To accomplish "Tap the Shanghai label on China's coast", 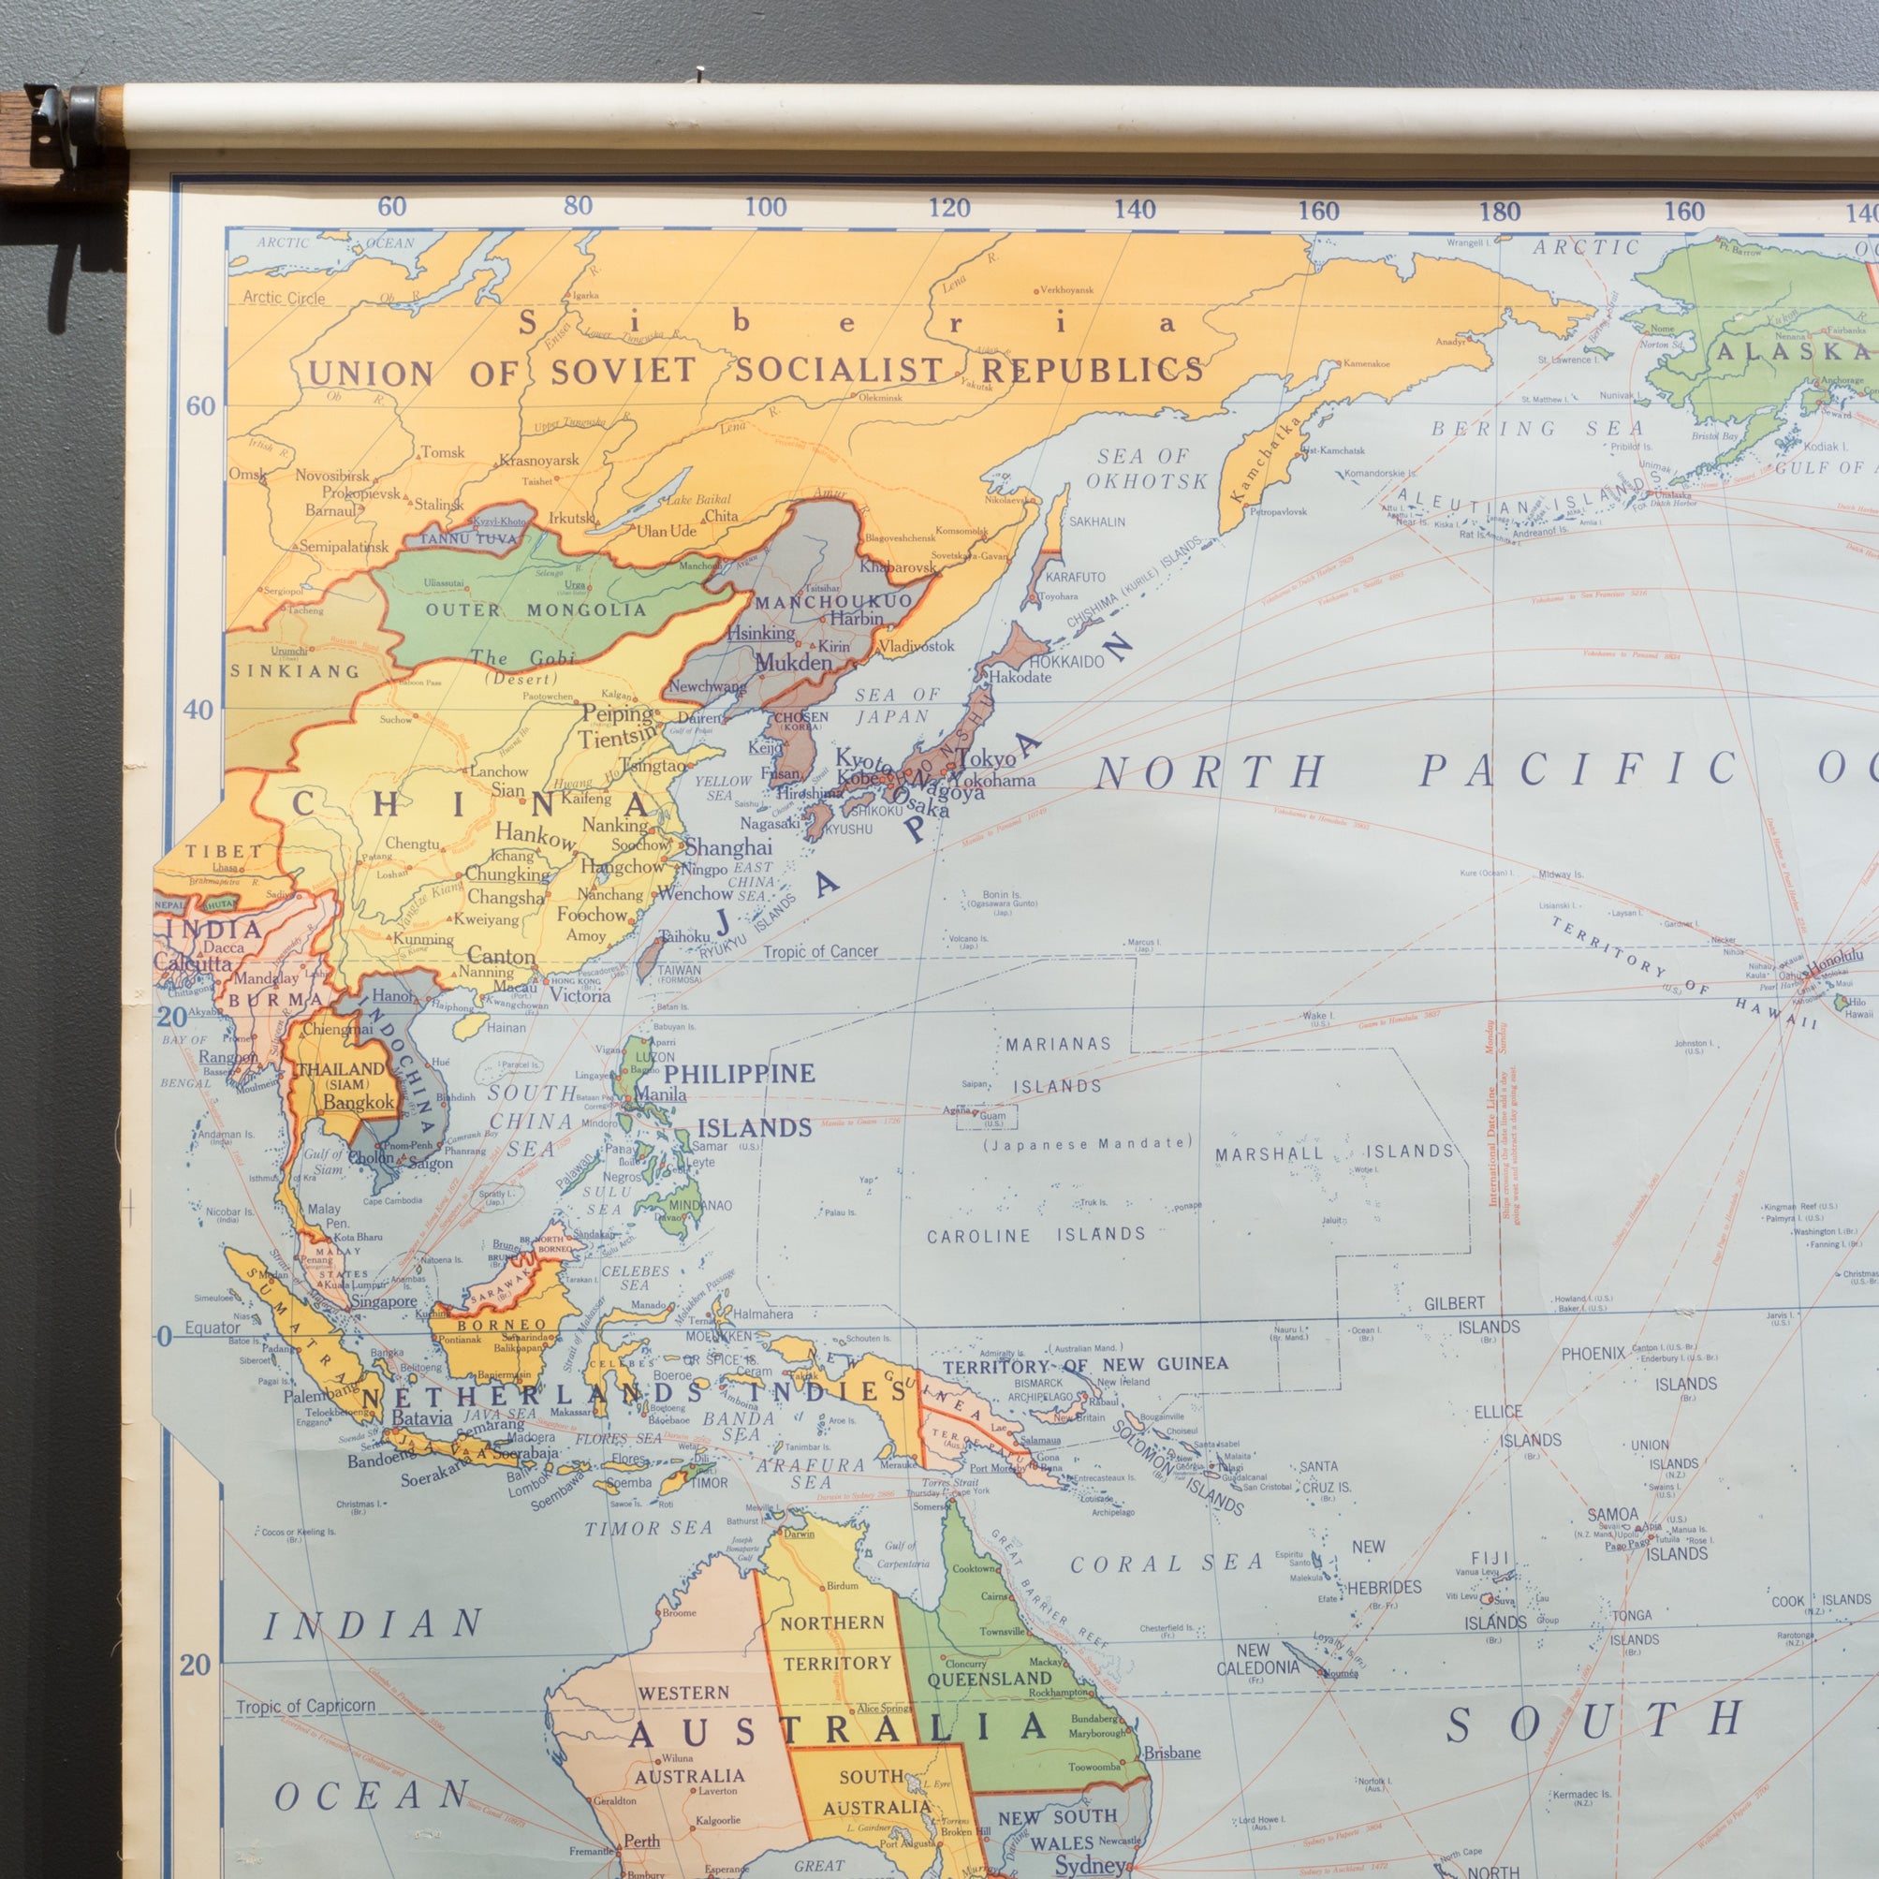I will click(x=727, y=847).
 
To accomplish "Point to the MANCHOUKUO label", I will click(x=833, y=601).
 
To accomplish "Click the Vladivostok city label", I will click(x=917, y=646).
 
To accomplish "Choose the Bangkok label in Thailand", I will click(x=359, y=1103).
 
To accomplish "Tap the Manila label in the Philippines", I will click(x=660, y=1094).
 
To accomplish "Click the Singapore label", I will click(x=383, y=1301).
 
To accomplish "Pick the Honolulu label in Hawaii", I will click(x=1833, y=958).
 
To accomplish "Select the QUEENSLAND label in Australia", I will click(x=989, y=1679).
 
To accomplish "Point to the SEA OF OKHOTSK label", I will click(x=1146, y=468).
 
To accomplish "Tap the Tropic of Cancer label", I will click(x=820, y=951).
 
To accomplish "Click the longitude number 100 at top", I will click(x=766, y=207).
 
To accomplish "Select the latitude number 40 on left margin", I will click(x=198, y=710).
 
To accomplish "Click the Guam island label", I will click(x=992, y=1117).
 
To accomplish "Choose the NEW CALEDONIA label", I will click(x=1256, y=1658).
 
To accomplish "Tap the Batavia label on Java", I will click(x=422, y=1418).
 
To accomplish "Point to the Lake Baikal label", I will click(x=698, y=499).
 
